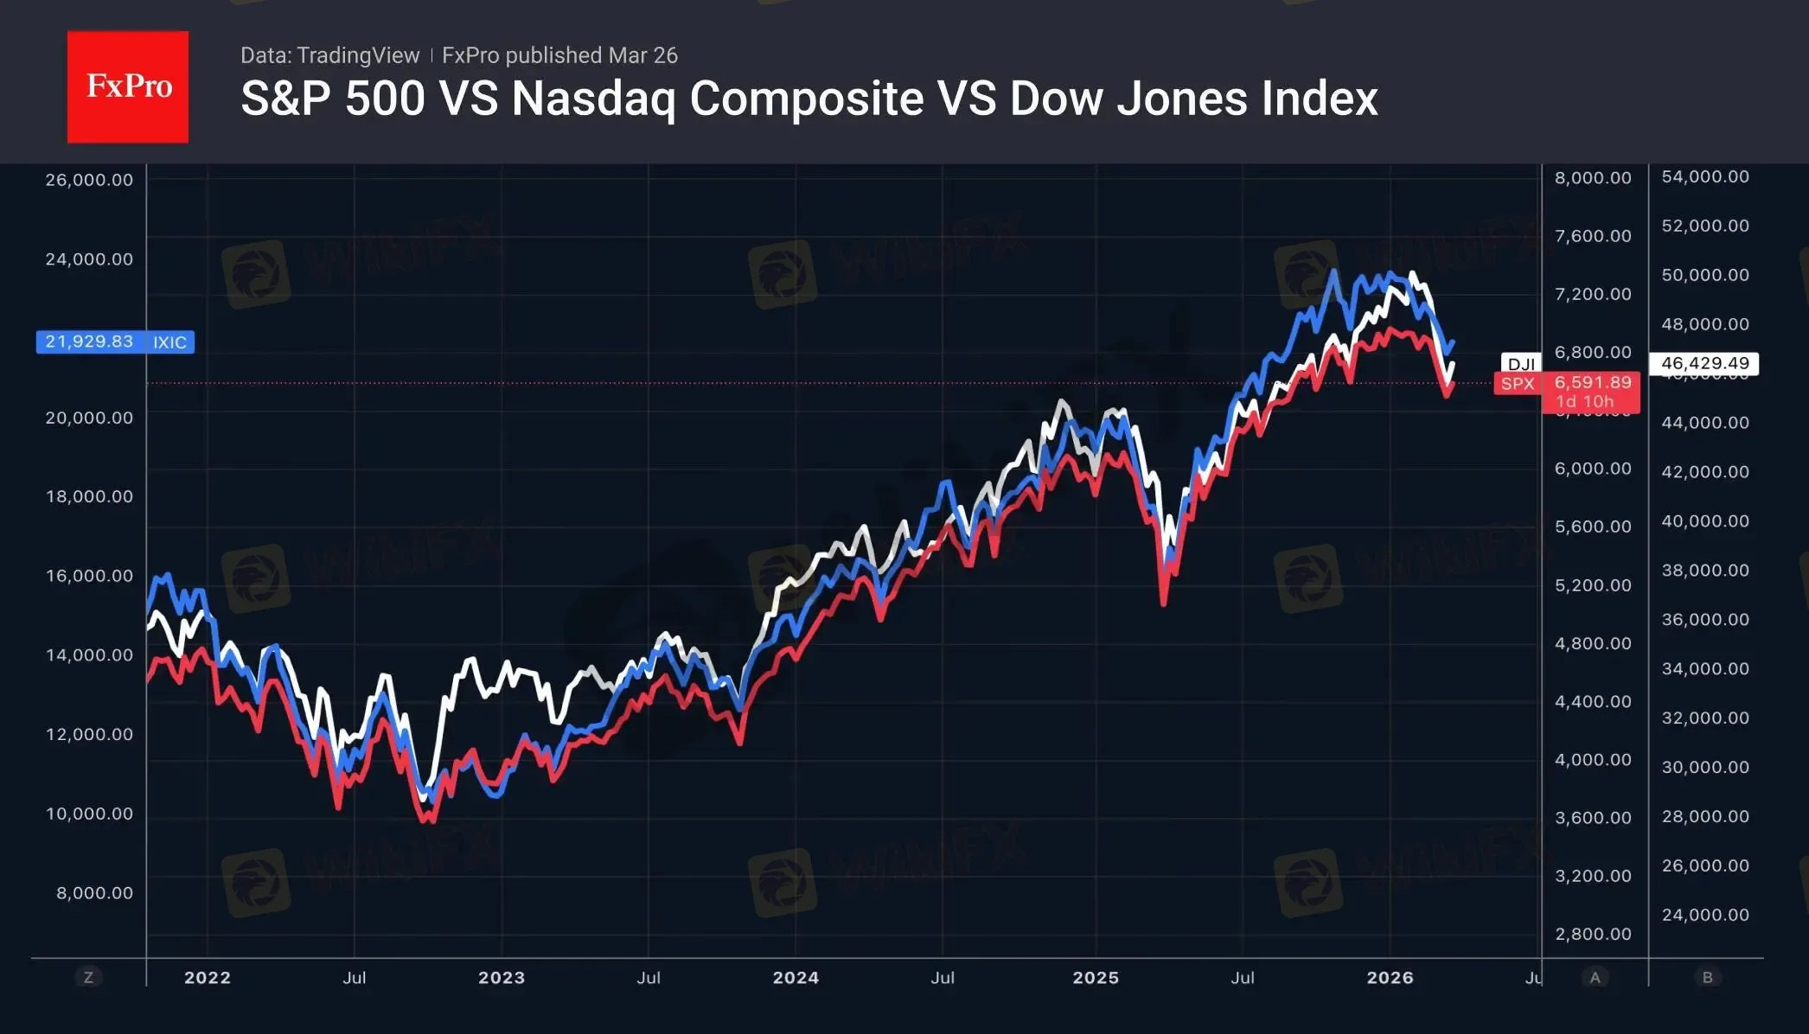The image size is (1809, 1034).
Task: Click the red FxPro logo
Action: (x=128, y=86)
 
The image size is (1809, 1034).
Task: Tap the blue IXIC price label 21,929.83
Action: (x=89, y=341)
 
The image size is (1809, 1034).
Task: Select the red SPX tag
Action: (x=1518, y=384)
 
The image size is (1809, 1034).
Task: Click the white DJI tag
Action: (x=1521, y=364)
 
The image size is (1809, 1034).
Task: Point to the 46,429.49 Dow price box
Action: (x=1704, y=363)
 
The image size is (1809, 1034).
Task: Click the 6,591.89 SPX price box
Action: (x=1592, y=382)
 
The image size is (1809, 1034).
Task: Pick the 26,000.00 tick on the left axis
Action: (x=89, y=180)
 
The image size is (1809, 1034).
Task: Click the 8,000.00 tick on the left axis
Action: (x=94, y=893)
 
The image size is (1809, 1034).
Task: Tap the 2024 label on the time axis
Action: (x=796, y=978)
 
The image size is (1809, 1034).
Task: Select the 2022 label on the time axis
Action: (x=208, y=978)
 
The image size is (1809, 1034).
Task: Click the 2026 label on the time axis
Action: (x=1390, y=978)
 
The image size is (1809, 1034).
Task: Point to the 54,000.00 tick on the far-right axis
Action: (x=1704, y=176)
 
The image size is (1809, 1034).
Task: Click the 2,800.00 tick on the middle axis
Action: (x=1593, y=934)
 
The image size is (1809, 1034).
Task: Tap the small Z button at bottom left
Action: (x=88, y=978)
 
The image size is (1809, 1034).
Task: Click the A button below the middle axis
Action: (x=1595, y=978)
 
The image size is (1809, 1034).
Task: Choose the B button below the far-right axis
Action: (x=1707, y=978)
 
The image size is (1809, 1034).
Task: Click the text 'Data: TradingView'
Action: (x=329, y=55)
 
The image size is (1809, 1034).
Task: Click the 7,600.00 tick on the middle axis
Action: (x=1593, y=236)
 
